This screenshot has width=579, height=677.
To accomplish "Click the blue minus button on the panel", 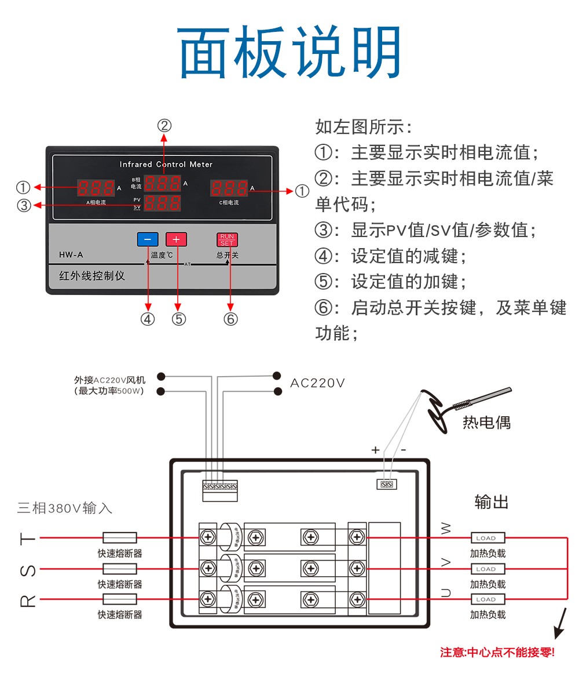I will (147, 239).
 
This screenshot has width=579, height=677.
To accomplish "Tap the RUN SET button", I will (227, 239).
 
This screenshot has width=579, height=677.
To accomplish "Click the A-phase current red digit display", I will (96, 188).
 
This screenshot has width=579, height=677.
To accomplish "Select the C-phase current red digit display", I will (229, 188).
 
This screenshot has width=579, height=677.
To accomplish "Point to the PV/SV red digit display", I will (162, 203).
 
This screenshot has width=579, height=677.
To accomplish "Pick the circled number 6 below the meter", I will (230, 319).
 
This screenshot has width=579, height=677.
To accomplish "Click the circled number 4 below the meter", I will (148, 319).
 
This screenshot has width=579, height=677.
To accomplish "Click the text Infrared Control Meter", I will (166, 164).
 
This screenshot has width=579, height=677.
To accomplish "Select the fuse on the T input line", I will (119, 537).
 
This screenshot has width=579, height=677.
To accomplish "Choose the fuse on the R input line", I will (119, 599).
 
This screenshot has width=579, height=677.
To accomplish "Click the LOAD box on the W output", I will (488, 538).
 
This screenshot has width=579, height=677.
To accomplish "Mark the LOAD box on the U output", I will (488, 599).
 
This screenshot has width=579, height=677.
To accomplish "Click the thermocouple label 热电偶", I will (486, 422).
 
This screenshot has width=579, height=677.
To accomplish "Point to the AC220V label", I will (317, 383).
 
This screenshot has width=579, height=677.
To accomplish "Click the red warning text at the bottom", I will (497, 653).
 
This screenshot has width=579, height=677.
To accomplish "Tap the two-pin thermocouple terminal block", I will (387, 484).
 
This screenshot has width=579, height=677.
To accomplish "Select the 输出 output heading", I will (491, 502).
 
